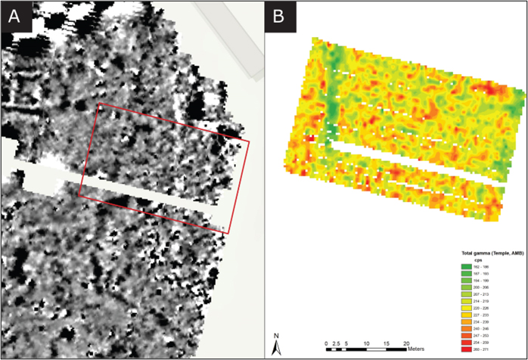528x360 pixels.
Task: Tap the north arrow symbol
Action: pos(278,347)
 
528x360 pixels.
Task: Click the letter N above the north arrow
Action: pos(278,336)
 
